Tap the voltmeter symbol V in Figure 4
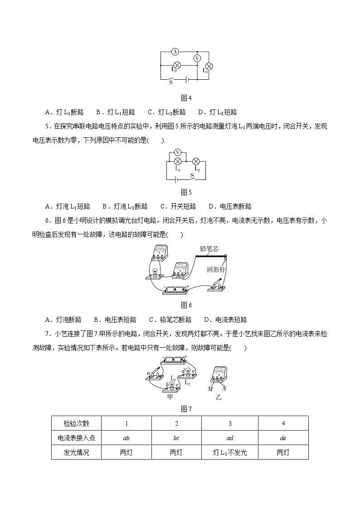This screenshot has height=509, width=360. click(x=197, y=58)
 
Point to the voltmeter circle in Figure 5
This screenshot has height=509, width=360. click(x=178, y=152)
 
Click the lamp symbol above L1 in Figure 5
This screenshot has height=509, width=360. click(x=178, y=161)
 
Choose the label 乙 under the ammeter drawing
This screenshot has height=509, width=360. click(x=219, y=397)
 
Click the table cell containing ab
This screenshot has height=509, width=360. click(x=126, y=438)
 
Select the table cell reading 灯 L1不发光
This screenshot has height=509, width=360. click(x=230, y=452)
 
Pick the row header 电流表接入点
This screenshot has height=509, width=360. click(x=77, y=438)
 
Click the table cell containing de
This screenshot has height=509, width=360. click(x=283, y=438)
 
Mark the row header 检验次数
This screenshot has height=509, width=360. click(x=77, y=423)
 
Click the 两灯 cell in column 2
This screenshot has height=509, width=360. click(x=176, y=452)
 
